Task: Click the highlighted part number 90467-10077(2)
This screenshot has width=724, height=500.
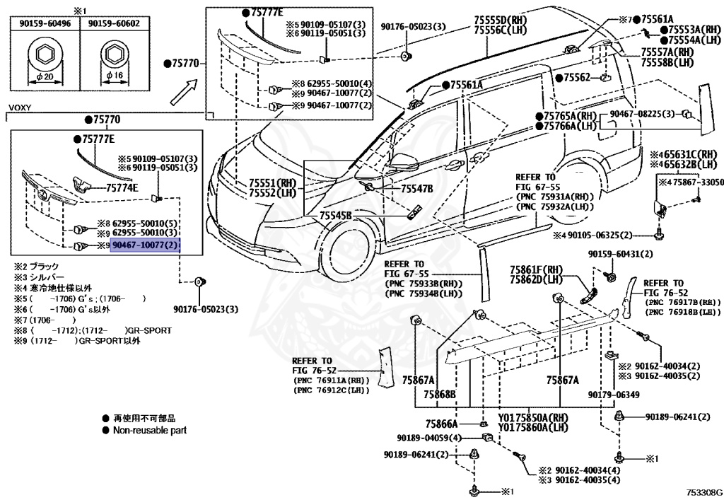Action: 146,245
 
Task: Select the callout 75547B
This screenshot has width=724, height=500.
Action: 416,190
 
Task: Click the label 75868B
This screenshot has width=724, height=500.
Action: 440,394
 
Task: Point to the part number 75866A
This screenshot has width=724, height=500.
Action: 443,424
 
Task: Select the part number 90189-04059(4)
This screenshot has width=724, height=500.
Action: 428,438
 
